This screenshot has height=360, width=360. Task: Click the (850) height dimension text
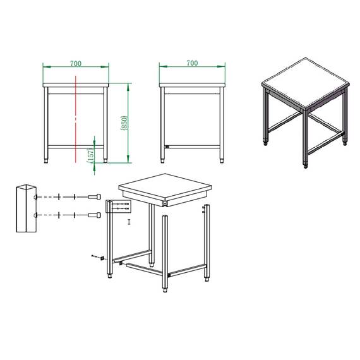pos(124,123)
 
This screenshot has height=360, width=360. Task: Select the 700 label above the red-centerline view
pos(75,64)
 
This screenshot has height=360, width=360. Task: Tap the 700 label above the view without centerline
pos(192,63)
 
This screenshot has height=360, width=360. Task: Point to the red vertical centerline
pos(75,114)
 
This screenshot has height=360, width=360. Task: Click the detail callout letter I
pos(129,222)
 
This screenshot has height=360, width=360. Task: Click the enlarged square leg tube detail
pos(27,209)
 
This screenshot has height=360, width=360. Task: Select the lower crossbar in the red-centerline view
pos(76,146)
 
